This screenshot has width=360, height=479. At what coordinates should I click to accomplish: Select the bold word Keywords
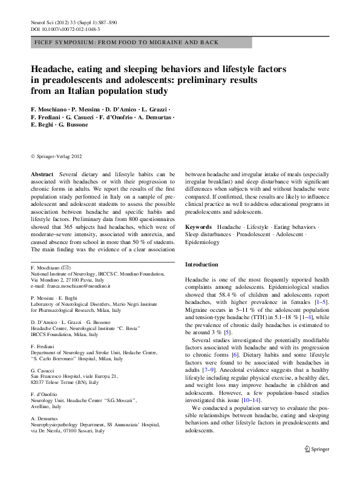198,226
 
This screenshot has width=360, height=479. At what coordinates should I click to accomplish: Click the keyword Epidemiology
202,242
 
